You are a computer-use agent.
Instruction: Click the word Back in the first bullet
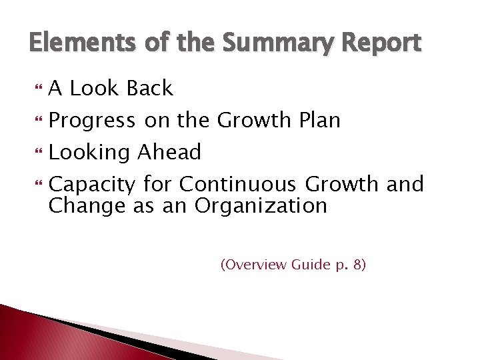tap(149, 89)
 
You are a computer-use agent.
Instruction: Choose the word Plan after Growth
tap(318, 121)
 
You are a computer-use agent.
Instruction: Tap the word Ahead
tap(169, 153)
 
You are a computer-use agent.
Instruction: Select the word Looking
tap(90, 153)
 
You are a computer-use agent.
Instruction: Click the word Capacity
tap(93, 183)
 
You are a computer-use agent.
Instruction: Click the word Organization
tap(261, 205)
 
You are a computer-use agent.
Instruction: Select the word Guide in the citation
tap(310, 265)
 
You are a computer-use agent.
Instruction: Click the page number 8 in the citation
tap(358, 265)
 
